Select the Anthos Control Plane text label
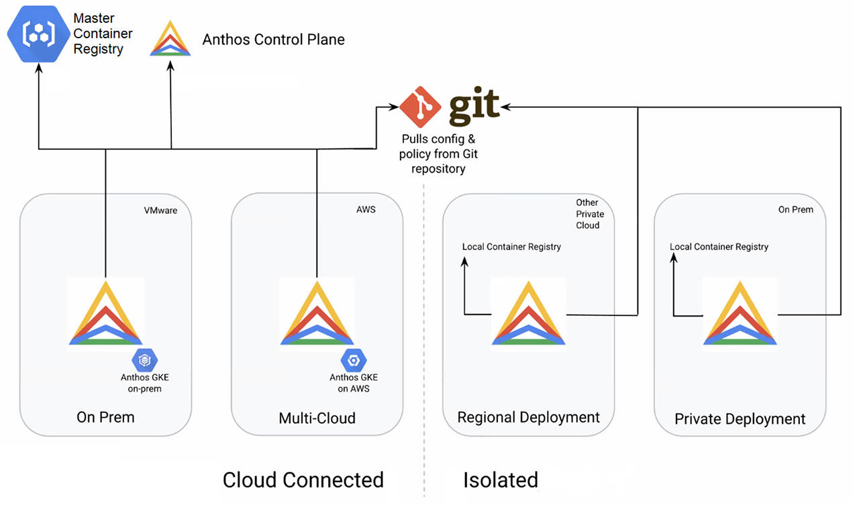coord(273,40)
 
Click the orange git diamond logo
coord(420,106)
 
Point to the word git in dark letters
coord(474,106)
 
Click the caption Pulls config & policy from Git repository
coord(438,154)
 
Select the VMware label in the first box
coord(160,210)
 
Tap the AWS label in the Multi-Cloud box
coord(366,209)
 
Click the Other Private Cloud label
coord(590,214)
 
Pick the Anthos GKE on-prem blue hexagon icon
coord(144,360)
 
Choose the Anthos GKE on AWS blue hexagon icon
coord(353,360)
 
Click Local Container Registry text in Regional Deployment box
coord(511,247)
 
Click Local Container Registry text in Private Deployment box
coord(719,247)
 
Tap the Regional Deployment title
coord(528,417)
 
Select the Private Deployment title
coord(740,419)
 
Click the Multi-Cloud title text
coord(317,418)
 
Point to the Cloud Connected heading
coord(303,480)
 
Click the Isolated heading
coord(500,480)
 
